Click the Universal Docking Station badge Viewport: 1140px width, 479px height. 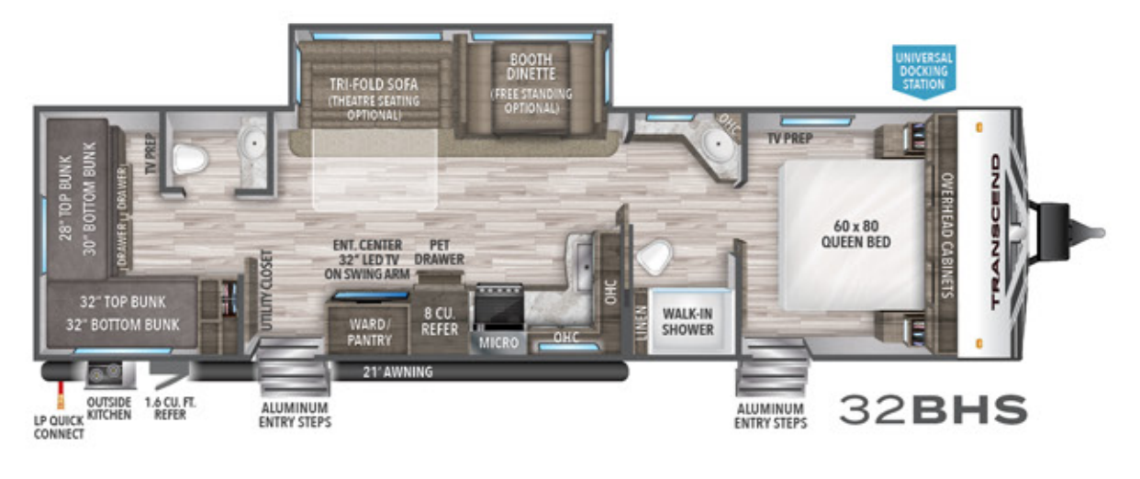924,70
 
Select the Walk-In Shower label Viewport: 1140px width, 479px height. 687,320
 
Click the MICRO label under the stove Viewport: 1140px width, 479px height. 498,344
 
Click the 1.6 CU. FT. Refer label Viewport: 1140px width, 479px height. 171,408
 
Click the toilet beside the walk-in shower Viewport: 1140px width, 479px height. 655,257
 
